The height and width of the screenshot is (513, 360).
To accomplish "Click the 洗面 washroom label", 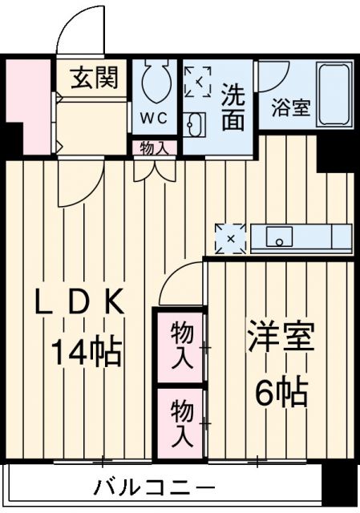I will click(x=233, y=106).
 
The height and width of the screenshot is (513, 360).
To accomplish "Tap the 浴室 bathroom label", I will click(x=290, y=108).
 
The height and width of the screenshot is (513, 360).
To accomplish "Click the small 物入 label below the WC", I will click(x=154, y=147).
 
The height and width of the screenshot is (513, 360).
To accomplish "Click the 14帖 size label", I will click(x=87, y=351).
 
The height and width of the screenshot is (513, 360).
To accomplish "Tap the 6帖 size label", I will click(x=281, y=393).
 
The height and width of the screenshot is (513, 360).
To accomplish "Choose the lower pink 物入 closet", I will click(x=181, y=423).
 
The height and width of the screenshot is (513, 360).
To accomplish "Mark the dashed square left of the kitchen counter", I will click(x=230, y=238).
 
